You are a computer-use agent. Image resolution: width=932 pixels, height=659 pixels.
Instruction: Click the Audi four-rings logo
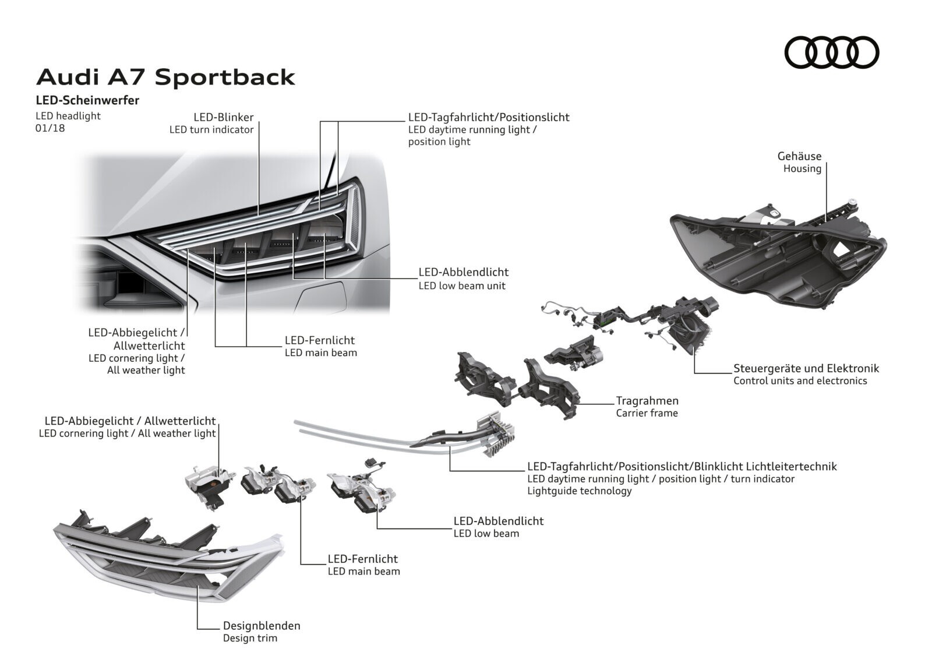[x=832, y=52]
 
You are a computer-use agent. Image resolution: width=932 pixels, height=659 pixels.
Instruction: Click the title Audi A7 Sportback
[x=165, y=77]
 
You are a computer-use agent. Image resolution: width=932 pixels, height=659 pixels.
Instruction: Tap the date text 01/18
[x=50, y=128]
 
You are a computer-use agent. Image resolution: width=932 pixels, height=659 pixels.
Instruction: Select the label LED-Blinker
[x=224, y=117]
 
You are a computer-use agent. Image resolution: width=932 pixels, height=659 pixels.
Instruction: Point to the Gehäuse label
[x=799, y=156]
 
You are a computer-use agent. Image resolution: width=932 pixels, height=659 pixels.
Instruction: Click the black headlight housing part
[x=778, y=255]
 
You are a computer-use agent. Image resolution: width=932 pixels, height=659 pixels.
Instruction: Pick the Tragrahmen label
[x=647, y=400]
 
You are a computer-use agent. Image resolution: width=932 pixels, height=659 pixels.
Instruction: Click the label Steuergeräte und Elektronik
[x=806, y=368]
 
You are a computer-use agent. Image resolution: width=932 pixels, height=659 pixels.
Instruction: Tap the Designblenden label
[x=262, y=626]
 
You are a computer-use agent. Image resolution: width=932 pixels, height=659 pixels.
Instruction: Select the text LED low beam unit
[x=462, y=286]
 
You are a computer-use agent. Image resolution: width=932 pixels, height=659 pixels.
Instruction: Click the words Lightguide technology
[x=579, y=491]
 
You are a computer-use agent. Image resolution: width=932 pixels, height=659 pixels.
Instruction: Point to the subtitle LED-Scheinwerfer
[x=87, y=100]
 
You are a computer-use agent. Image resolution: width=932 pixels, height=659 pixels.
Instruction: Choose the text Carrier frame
[x=647, y=413]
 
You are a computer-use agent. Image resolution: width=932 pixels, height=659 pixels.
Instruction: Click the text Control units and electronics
[x=800, y=380]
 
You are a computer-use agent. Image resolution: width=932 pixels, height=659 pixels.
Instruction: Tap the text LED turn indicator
[x=211, y=130]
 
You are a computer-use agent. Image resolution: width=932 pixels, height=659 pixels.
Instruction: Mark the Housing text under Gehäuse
[x=802, y=168]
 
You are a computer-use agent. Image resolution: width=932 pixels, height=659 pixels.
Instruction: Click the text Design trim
[x=250, y=638]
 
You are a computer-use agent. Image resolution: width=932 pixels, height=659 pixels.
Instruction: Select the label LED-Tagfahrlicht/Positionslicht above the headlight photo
[x=489, y=117]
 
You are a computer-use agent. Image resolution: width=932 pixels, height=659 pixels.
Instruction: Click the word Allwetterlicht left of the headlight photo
[x=149, y=346]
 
